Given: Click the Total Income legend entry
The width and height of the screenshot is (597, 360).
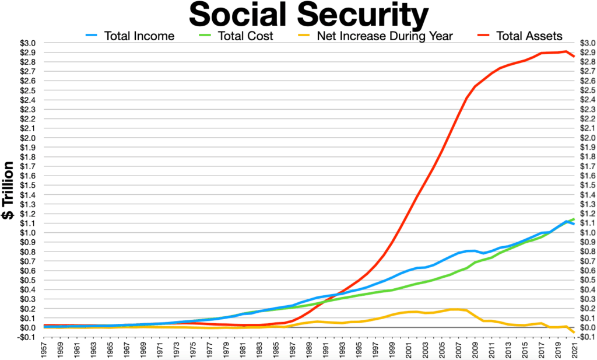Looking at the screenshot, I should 139,36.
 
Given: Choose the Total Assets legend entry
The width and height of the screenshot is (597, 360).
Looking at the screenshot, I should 529,36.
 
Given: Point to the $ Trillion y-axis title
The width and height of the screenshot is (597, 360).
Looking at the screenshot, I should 10,190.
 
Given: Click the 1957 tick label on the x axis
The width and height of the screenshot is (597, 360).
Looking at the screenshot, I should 45,349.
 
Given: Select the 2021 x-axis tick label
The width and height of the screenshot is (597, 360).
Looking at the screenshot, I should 575,349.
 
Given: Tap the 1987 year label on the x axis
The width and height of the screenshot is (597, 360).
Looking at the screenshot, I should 293,349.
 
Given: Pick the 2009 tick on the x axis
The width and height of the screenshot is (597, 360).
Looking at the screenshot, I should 475,349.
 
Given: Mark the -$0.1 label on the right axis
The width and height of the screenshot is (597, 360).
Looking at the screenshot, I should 585,337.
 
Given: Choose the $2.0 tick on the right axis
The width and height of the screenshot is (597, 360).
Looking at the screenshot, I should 584,138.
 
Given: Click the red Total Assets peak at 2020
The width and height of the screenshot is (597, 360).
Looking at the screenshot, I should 566,51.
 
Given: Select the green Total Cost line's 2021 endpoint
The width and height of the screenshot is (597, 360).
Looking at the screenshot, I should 574,219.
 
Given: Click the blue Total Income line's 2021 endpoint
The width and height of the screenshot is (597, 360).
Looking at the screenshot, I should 574,224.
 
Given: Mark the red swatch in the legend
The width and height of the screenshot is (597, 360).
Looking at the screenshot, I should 482,36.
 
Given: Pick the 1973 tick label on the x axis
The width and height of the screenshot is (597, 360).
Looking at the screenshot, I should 177,349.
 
